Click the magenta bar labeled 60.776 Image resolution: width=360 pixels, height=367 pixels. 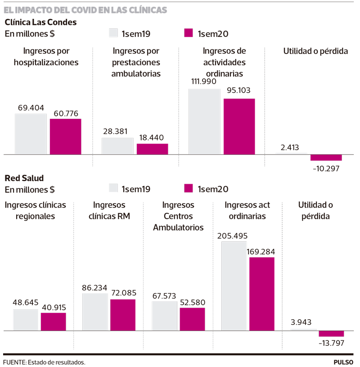(x=66, y=137)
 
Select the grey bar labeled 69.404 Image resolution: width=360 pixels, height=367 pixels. (x=31, y=134)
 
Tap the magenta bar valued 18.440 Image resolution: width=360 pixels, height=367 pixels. (x=152, y=149)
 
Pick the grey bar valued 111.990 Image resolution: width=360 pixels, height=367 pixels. (x=204, y=122)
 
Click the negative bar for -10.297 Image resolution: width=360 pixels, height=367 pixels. (x=326, y=158)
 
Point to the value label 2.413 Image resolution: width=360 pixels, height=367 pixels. (x=290, y=147)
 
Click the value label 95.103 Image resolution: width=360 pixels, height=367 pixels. (x=238, y=90)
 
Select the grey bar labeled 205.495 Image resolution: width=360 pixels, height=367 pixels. (x=234, y=286)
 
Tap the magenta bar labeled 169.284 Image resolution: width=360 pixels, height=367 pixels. (x=262, y=294)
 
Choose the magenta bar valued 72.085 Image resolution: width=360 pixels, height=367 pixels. (x=123, y=315)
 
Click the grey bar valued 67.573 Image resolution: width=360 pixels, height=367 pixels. (x=164, y=316)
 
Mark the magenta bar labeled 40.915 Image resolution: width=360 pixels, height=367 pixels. (x=54, y=322)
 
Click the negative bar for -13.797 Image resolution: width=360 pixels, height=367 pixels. (x=331, y=334)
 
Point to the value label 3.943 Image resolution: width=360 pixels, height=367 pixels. (x=301, y=322)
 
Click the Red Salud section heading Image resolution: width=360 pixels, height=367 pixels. (x=24, y=178)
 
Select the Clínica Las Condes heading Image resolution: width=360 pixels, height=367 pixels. (x=40, y=22)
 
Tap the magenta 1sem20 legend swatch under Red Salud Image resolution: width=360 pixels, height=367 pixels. (x=188, y=188)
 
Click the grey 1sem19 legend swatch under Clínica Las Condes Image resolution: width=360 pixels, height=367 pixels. (x=113, y=33)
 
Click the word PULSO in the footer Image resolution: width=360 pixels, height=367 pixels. (x=343, y=362)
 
